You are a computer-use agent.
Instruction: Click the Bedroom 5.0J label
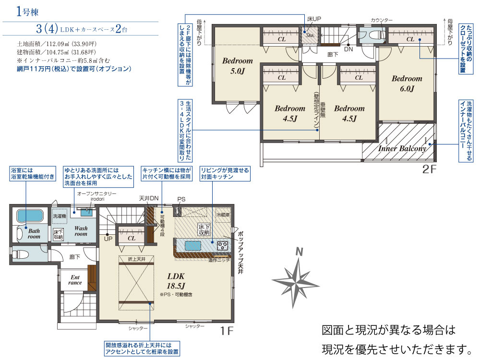(237, 66)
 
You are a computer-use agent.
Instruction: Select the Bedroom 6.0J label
(407, 84)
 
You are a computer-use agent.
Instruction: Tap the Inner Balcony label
(402, 149)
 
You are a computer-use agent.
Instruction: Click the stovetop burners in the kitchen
(223, 246)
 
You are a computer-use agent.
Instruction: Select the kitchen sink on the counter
(192, 245)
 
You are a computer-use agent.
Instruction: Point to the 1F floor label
(227, 331)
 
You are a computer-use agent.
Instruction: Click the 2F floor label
(431, 169)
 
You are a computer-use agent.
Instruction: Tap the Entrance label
(75, 280)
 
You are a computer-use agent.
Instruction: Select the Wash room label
(81, 231)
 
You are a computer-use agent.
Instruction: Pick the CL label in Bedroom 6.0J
(410, 39)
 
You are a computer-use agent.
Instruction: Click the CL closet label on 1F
(132, 238)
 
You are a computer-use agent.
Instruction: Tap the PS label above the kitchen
(181, 199)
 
